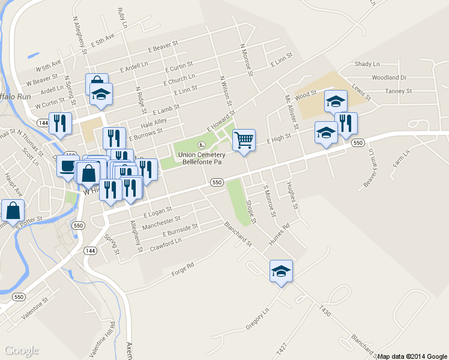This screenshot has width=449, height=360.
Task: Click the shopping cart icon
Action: tap(244, 140)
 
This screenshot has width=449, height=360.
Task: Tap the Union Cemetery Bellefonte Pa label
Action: tap(202, 158)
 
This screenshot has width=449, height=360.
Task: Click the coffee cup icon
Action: tap(67, 166)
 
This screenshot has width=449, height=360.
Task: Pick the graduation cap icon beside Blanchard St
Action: tap(281, 271)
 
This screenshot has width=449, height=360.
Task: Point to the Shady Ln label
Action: tap(367, 64)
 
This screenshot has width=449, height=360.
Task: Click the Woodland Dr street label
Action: tap(389, 77)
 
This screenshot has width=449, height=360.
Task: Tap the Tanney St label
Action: tap(399, 91)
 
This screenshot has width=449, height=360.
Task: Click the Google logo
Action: tap(22, 350)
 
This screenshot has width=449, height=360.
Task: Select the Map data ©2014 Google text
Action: tap(412, 356)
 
